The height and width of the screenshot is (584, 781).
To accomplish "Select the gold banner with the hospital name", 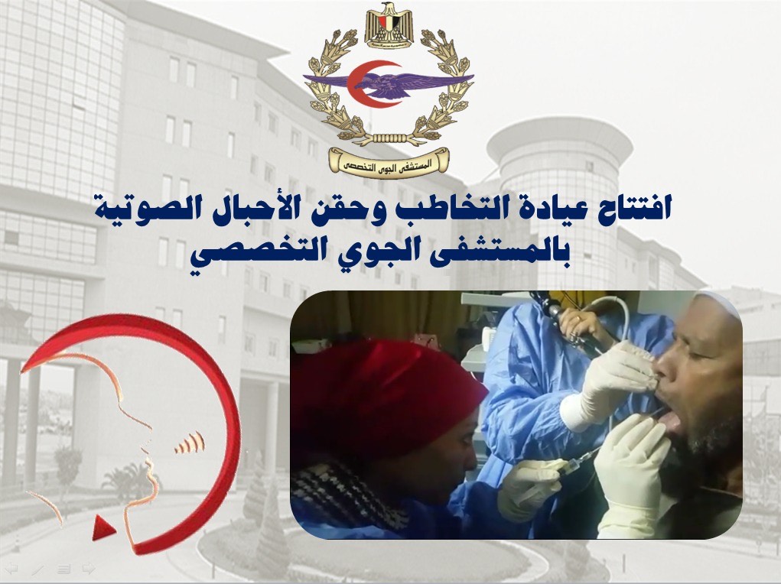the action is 389,161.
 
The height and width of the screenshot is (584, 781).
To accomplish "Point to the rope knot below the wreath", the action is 389,138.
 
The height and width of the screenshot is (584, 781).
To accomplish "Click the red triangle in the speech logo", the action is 103,527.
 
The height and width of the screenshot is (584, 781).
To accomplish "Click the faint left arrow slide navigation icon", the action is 11,568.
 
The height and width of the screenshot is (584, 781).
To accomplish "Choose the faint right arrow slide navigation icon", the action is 89,568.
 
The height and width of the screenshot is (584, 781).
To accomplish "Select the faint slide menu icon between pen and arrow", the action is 63,568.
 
